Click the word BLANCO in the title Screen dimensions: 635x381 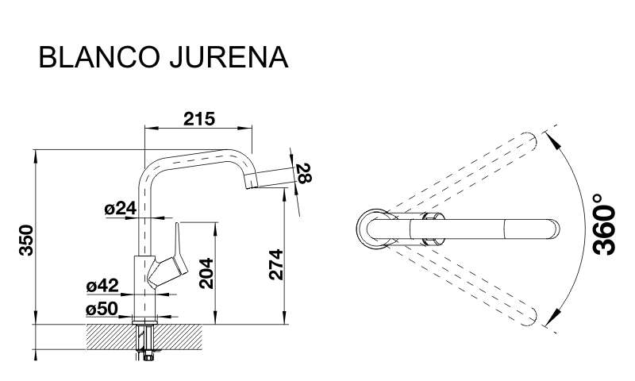pos(98,57)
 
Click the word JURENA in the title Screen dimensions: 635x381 pos(229,57)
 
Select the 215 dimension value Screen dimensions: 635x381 pos(199,118)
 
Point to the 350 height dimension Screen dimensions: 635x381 pos(27,240)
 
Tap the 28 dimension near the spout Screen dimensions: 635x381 pos(304,173)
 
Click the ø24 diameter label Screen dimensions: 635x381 pos(121,209)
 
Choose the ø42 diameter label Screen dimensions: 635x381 pos(102,286)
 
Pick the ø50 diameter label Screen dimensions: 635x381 pos(102,310)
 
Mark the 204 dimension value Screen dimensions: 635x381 pos(206,273)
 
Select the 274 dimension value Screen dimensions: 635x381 pos(276,264)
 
